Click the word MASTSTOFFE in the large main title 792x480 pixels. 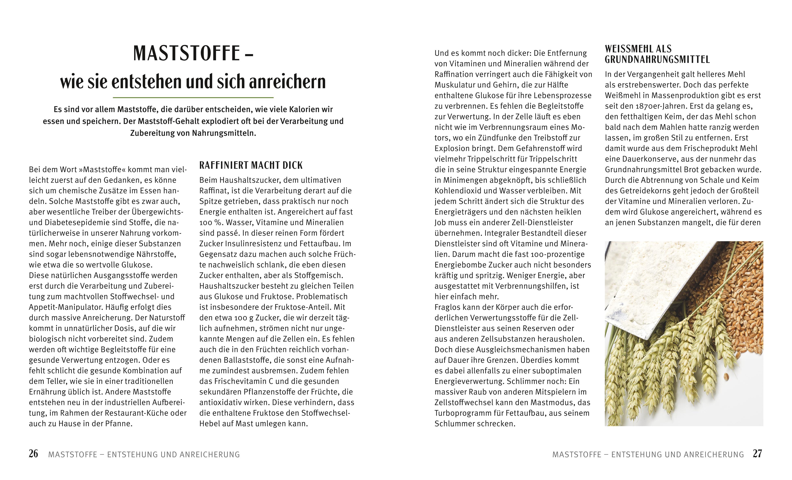[186, 53]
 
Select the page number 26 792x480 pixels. [33, 454]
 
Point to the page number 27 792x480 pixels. [757, 454]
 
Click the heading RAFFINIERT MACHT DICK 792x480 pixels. [251, 165]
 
